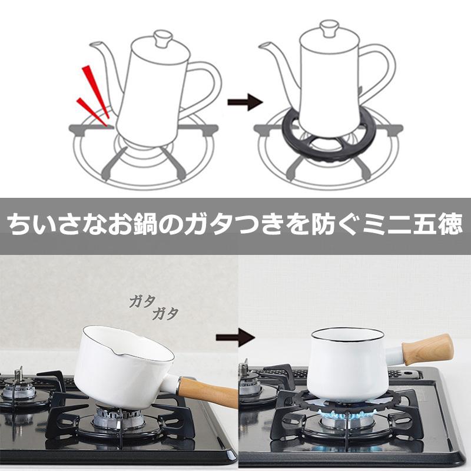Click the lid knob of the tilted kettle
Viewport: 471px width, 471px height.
pos(164,38)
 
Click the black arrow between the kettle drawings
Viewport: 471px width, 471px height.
pos(245,102)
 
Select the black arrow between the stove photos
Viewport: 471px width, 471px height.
pos(235,337)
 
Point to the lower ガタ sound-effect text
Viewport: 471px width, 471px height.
pos(165,314)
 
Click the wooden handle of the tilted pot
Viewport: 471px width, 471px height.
pos(207,390)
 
